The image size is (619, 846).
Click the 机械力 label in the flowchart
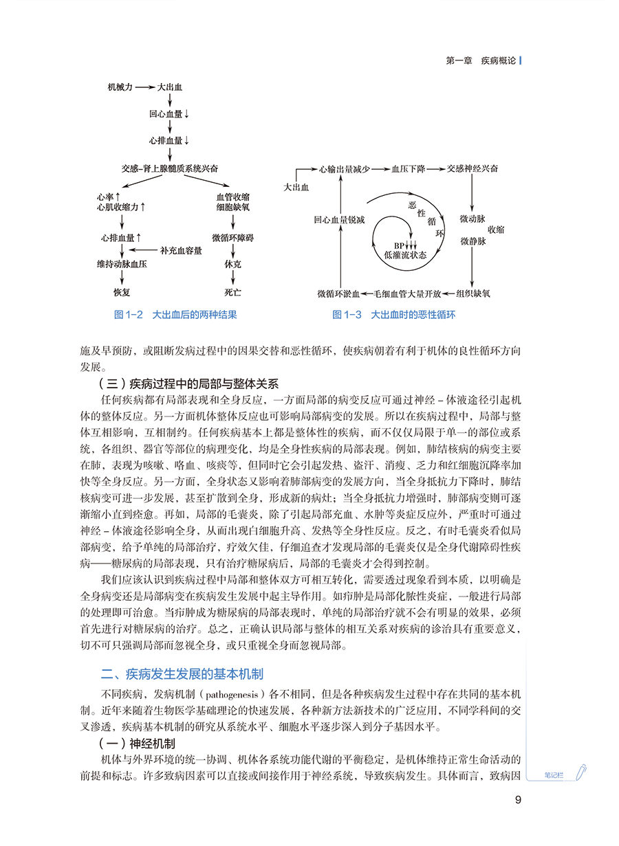(x=120, y=88)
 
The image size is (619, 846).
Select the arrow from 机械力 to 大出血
(x=144, y=88)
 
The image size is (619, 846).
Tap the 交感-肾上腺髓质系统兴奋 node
(x=169, y=168)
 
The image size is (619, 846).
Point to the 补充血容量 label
(x=181, y=250)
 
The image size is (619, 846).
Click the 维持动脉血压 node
(x=121, y=263)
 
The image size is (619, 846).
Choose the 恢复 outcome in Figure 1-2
(x=121, y=292)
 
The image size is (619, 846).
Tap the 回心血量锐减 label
(x=339, y=220)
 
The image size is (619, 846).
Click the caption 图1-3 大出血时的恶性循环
(x=393, y=315)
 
